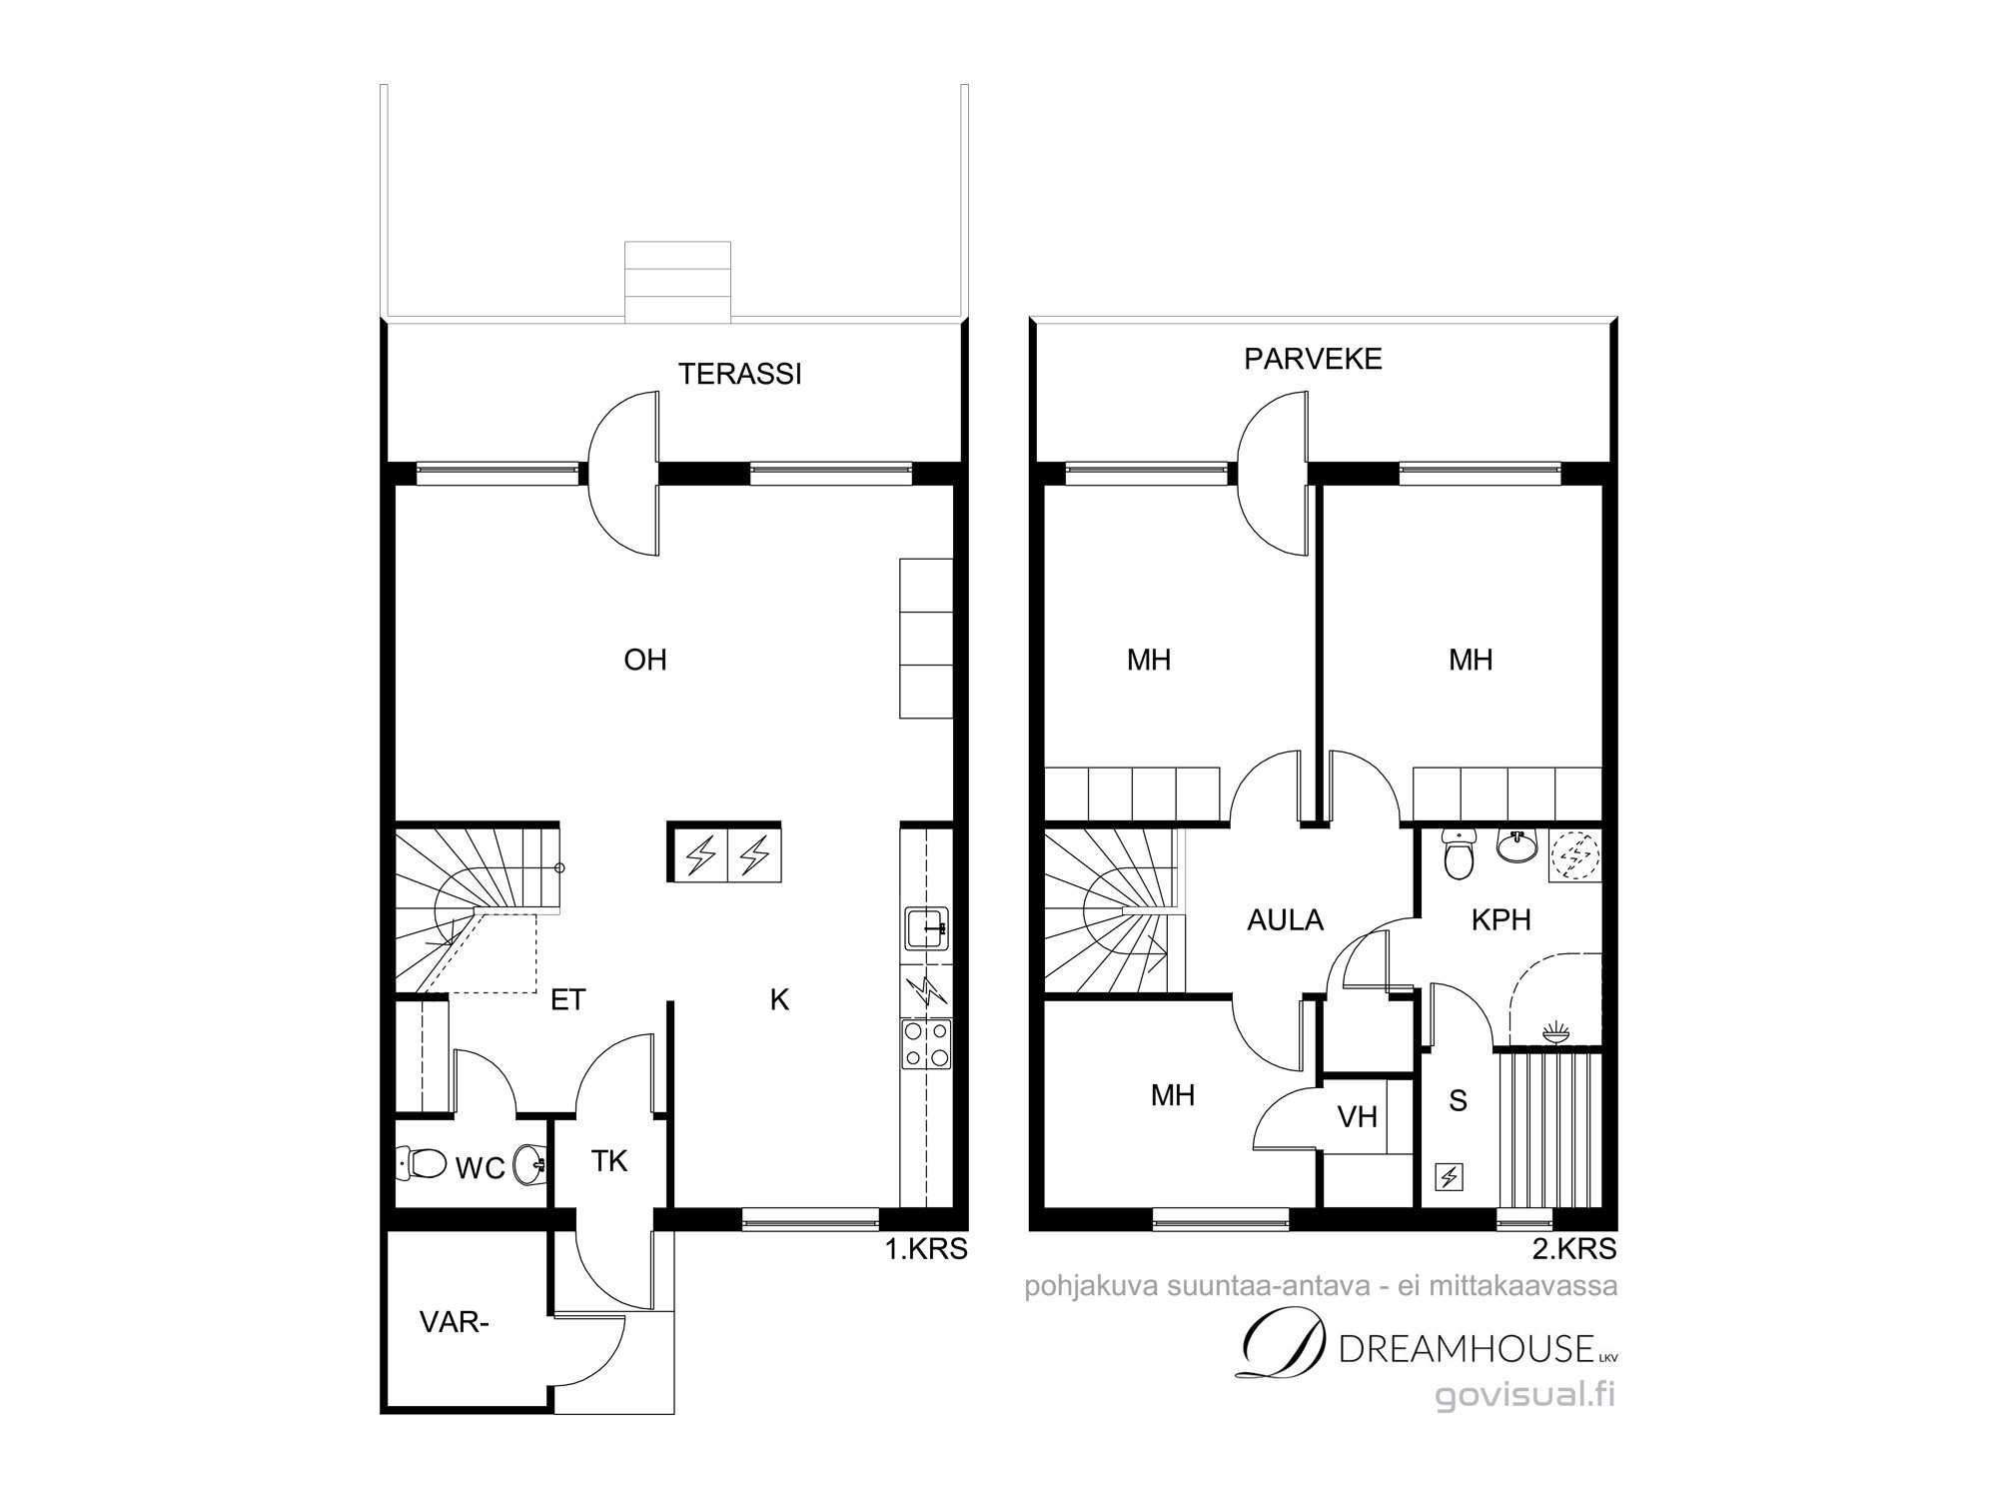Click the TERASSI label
tap(740, 374)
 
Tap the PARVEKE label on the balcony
tap(1313, 359)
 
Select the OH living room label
tap(644, 660)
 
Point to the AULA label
tap(1285, 919)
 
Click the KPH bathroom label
tap(1500, 919)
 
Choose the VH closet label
tap(1358, 1116)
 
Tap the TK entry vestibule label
tap(609, 1160)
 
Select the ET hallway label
tap(567, 999)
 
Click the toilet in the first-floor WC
tap(423, 1163)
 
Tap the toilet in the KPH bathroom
tap(1460, 855)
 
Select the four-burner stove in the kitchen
tap(926, 1044)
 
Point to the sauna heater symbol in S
tap(1449, 1177)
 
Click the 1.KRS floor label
tap(926, 1248)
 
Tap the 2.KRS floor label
tap(1574, 1248)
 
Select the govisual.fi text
tap(1525, 1395)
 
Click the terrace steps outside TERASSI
tap(677, 282)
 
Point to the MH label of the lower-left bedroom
tap(1173, 1095)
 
